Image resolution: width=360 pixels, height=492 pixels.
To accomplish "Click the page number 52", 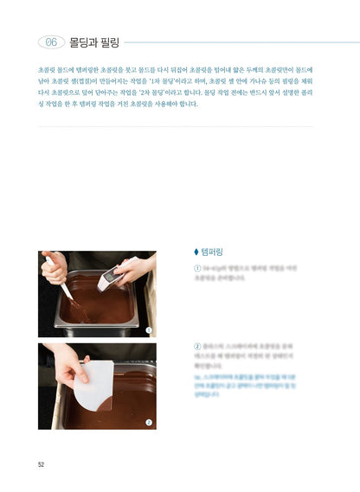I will pos(41,464).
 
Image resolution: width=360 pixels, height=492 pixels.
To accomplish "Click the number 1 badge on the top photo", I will pos(148,329).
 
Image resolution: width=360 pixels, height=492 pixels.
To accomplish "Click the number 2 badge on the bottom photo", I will pos(148,422).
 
